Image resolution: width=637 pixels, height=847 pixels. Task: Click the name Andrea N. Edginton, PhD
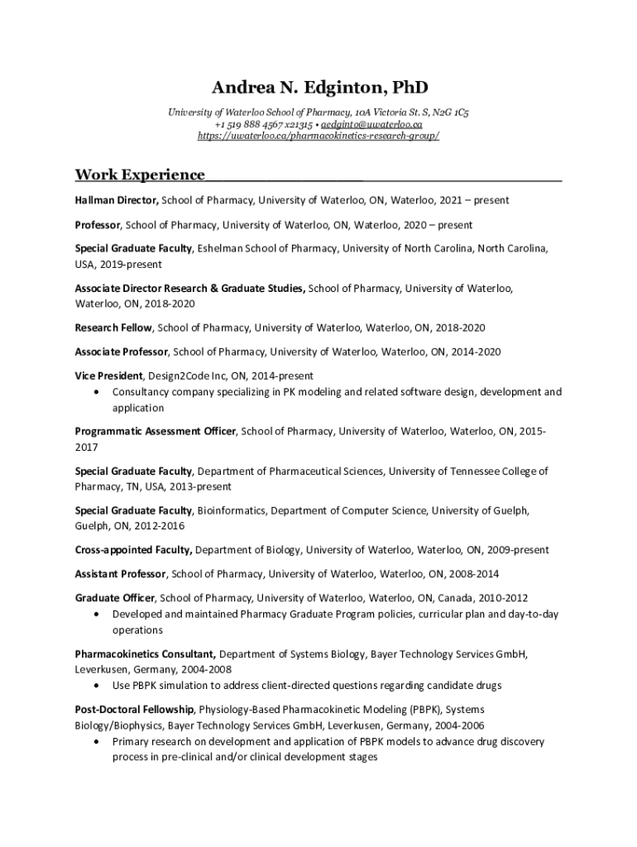pos(318,88)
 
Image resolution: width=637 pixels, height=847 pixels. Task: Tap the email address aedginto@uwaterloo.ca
pos(377,124)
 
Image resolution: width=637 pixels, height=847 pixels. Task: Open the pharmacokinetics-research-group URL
pos(318,136)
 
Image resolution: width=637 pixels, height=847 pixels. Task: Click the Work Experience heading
pos(140,175)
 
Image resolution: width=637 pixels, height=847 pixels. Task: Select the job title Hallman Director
pos(117,200)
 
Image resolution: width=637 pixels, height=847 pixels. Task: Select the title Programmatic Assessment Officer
pos(156,431)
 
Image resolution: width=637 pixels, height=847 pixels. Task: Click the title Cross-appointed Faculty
pos(133,550)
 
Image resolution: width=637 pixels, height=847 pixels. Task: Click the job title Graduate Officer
pos(115,598)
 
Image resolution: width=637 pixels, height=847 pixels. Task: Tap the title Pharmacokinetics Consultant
pos(146,654)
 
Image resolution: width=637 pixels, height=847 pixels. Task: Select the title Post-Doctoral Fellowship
pos(135,710)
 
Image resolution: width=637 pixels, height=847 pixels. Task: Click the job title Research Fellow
pos(113,328)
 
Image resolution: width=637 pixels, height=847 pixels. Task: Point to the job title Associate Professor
pos(122,352)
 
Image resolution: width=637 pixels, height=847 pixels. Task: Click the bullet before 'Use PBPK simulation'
pos(99,687)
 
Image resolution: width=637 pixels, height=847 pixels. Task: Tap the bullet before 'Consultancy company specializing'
pos(99,392)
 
